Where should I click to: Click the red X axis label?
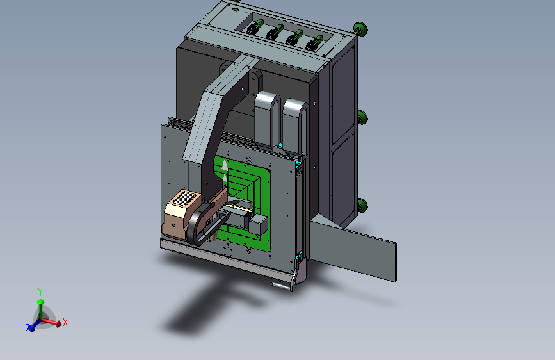point(65,322)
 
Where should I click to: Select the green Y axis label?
point(40,292)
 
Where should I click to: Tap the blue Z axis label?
point(28,329)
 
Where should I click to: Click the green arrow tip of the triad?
point(41,302)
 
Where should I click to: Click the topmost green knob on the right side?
point(360,29)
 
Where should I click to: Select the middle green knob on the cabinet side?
point(362,117)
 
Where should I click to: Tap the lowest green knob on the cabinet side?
point(362,205)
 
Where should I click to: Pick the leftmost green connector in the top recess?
point(255,26)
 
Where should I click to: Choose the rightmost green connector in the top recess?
point(314,43)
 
